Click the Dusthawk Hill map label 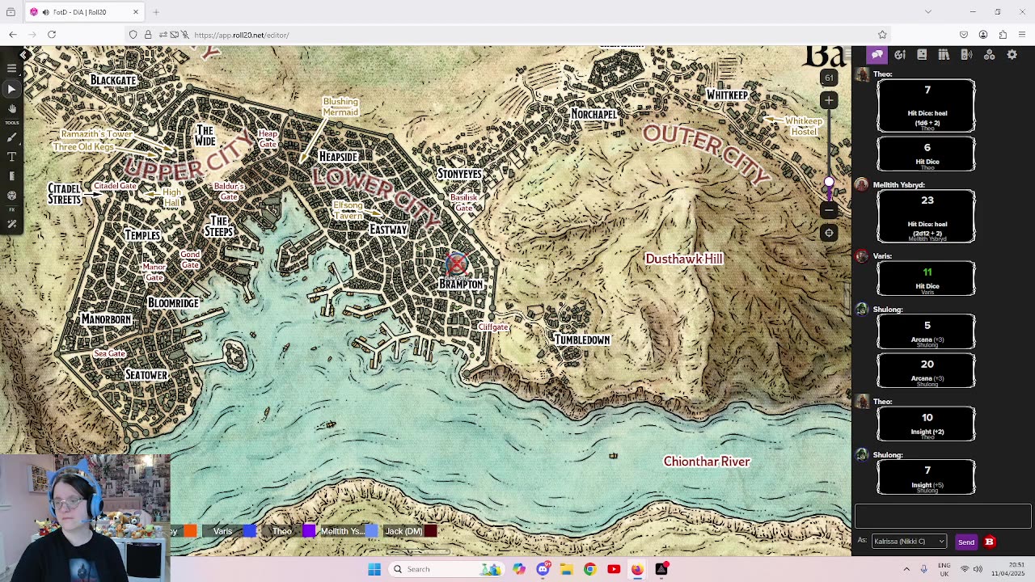[x=683, y=259]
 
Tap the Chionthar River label [x=707, y=462]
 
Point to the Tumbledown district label [x=581, y=340]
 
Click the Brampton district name [x=461, y=285]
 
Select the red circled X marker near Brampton [x=457, y=264]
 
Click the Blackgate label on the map [x=113, y=80]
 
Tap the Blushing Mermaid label [x=340, y=107]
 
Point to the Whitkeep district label [x=727, y=95]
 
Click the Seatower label [x=146, y=375]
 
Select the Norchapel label [x=594, y=115]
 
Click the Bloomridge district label [x=173, y=303]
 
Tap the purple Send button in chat [x=965, y=542]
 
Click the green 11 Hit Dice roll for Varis [x=927, y=272]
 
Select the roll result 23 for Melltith [x=927, y=200]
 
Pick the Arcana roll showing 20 [x=927, y=365]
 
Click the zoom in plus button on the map [x=829, y=100]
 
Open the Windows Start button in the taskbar [x=374, y=569]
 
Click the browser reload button [x=52, y=35]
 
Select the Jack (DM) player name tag [x=403, y=531]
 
